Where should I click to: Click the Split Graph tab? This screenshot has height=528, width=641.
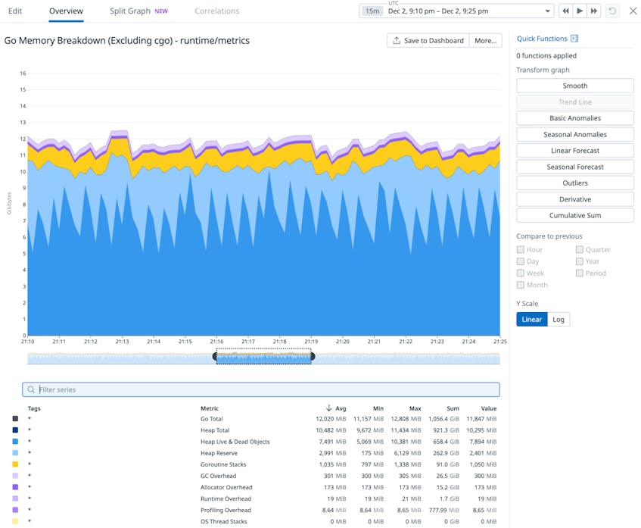click(x=129, y=11)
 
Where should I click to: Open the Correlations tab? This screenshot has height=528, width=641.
click(x=216, y=11)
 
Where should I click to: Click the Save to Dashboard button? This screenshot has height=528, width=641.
click(x=428, y=40)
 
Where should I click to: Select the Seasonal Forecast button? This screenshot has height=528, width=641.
click(x=574, y=167)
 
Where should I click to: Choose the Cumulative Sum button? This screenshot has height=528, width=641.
click(x=574, y=215)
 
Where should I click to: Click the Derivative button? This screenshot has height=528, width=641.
click(x=574, y=199)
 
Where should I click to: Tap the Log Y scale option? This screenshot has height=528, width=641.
click(x=559, y=320)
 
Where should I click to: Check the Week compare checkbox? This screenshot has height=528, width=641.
click(x=521, y=273)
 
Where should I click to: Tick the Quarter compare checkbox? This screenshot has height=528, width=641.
click(x=580, y=249)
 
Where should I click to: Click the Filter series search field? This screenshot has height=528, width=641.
click(x=261, y=389)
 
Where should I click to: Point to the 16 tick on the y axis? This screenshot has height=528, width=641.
click(x=23, y=73)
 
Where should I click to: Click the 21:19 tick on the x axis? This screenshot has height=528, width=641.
click(x=310, y=342)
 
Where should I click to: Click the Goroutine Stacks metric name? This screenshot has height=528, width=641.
click(x=222, y=464)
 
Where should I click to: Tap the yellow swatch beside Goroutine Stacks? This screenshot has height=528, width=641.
click(x=15, y=464)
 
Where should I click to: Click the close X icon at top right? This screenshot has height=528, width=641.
click(x=633, y=11)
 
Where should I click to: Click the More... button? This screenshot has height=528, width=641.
click(x=485, y=40)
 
